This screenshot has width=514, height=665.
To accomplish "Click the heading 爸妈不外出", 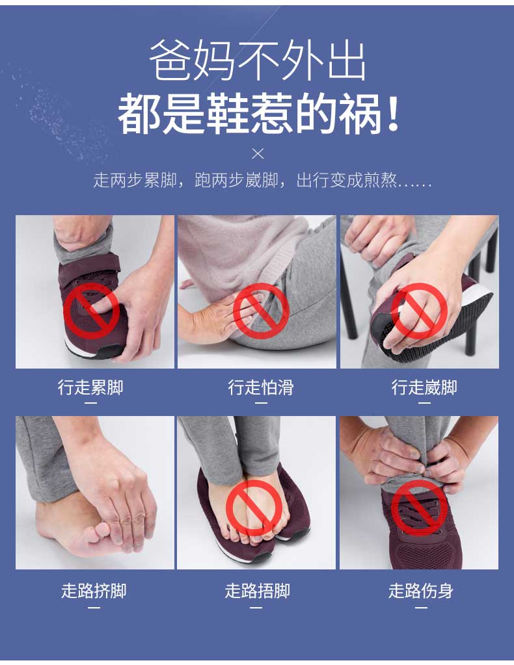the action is point(257,60).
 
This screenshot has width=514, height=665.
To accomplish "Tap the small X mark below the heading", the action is point(258,153).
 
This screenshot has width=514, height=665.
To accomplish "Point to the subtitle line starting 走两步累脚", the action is point(262,180).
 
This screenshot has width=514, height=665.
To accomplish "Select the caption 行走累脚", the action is point(91,387).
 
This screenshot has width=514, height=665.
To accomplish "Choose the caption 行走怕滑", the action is point(261,387).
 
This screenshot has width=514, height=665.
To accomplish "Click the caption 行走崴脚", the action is point(424,387).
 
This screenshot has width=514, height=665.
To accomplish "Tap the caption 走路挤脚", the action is point(94,590).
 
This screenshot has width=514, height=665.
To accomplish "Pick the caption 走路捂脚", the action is point(257,590).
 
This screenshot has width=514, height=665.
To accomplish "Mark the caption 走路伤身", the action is point(420,590).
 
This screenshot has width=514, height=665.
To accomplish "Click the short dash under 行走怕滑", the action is point(261,403).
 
